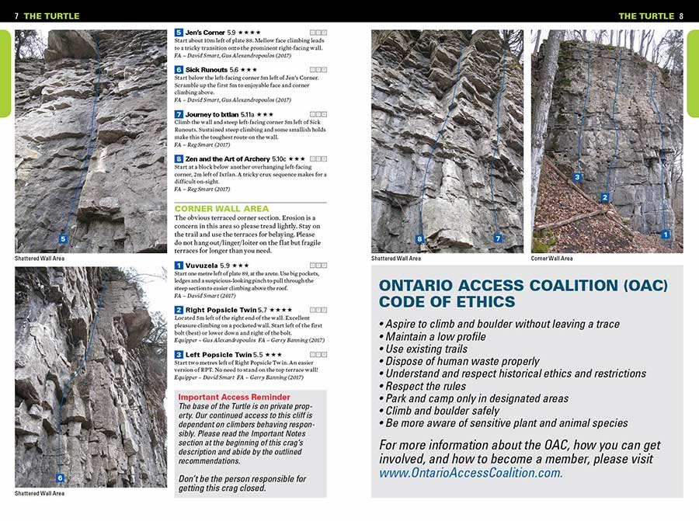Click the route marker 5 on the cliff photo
(x=63, y=238)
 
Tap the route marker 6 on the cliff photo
(x=60, y=478)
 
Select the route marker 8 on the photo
(x=419, y=238)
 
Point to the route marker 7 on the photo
(x=497, y=238)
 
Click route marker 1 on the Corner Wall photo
(x=665, y=234)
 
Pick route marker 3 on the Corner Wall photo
(x=577, y=177)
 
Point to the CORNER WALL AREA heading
(x=221, y=209)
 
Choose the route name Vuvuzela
(x=202, y=266)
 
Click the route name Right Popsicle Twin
(x=221, y=310)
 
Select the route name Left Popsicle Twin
(x=217, y=354)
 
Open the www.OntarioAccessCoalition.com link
(x=471, y=472)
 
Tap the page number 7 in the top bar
(x=16, y=16)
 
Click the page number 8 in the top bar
(x=681, y=16)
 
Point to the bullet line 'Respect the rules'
(x=426, y=386)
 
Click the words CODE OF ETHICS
(x=447, y=302)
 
